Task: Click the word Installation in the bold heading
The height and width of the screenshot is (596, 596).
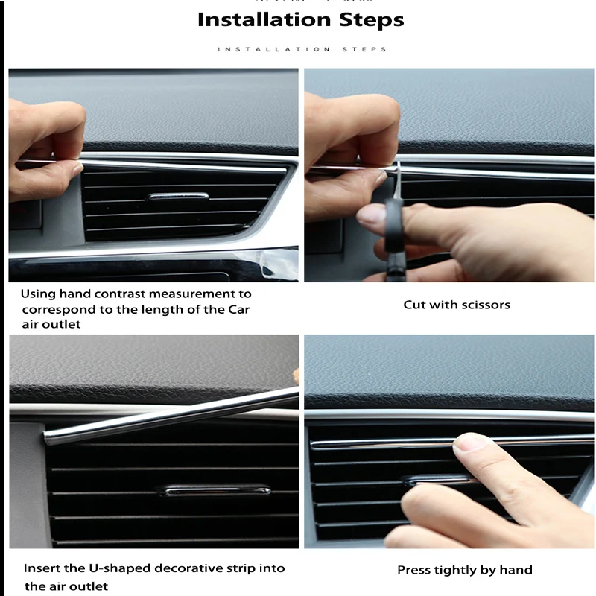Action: [x=264, y=19]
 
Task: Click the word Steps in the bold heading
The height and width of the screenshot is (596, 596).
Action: [x=371, y=20]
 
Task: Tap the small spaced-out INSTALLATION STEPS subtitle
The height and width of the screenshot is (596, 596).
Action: [x=302, y=49]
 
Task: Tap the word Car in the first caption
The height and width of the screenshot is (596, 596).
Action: [x=238, y=309]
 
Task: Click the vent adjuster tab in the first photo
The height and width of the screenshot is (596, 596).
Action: [x=178, y=197]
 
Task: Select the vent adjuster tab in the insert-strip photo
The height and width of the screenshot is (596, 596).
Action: [x=216, y=490]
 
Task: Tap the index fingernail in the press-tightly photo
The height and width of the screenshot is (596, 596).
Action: [x=466, y=442]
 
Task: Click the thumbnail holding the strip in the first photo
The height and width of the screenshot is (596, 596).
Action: [x=77, y=168]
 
